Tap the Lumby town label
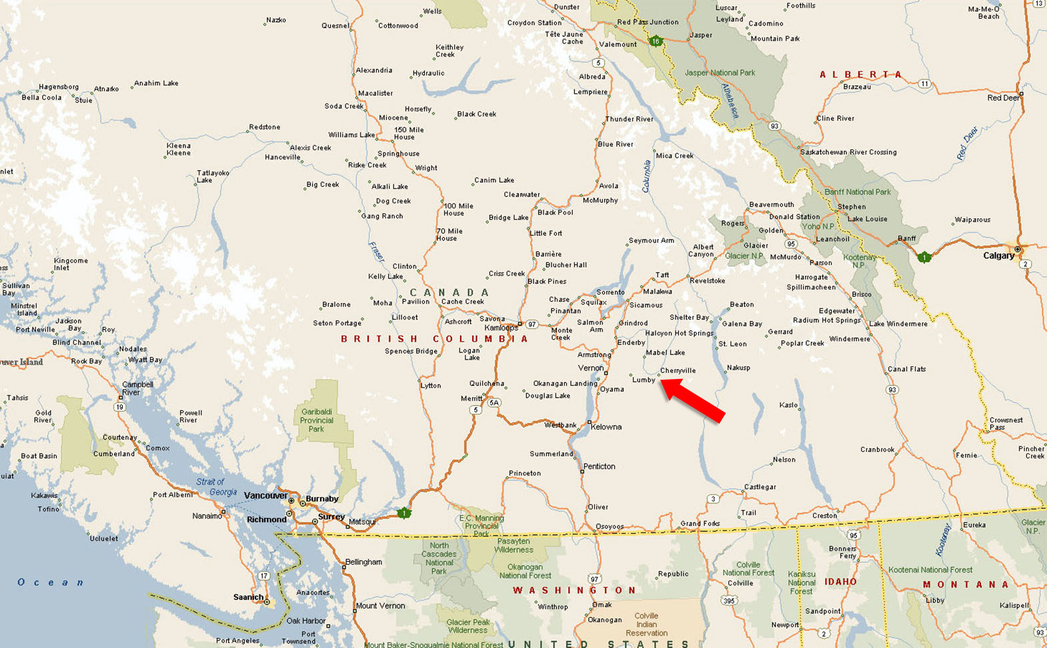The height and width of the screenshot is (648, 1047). click(644, 380)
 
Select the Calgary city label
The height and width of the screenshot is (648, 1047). click(998, 256)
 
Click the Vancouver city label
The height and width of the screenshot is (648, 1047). click(265, 495)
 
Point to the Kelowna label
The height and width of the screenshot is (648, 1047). click(606, 427)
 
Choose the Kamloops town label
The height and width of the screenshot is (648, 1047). click(501, 328)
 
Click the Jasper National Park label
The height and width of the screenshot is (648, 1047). click(720, 73)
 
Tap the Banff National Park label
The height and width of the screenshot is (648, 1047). click(857, 192)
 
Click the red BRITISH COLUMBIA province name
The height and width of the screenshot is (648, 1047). click(434, 339)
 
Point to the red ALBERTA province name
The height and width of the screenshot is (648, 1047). click(860, 75)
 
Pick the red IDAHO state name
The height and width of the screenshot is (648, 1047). click(840, 582)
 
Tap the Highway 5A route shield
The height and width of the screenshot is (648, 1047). click(494, 402)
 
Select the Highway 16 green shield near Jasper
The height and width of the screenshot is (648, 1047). click(656, 41)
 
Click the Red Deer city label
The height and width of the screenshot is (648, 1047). click(1003, 98)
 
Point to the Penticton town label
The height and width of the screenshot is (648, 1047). click(599, 466)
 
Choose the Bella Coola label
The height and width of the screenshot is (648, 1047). click(41, 97)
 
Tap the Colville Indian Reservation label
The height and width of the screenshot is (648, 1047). click(646, 625)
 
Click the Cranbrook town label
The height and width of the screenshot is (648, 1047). click(877, 450)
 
